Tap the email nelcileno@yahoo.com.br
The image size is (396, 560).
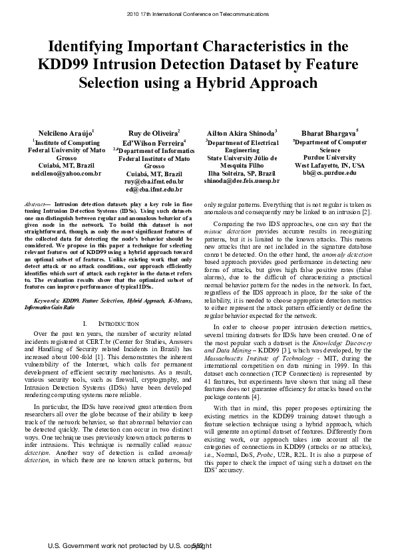[x=65, y=173]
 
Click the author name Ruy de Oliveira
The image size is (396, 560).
[x=153, y=133]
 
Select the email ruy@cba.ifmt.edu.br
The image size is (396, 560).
[x=154, y=181]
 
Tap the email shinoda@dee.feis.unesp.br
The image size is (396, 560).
[x=242, y=181]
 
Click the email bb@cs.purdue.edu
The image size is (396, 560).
[x=329, y=173]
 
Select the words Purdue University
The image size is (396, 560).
[x=329, y=158]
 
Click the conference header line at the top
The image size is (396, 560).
[x=198, y=14]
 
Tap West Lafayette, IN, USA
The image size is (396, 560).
[x=329, y=165]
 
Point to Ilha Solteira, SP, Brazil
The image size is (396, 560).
[x=242, y=173]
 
